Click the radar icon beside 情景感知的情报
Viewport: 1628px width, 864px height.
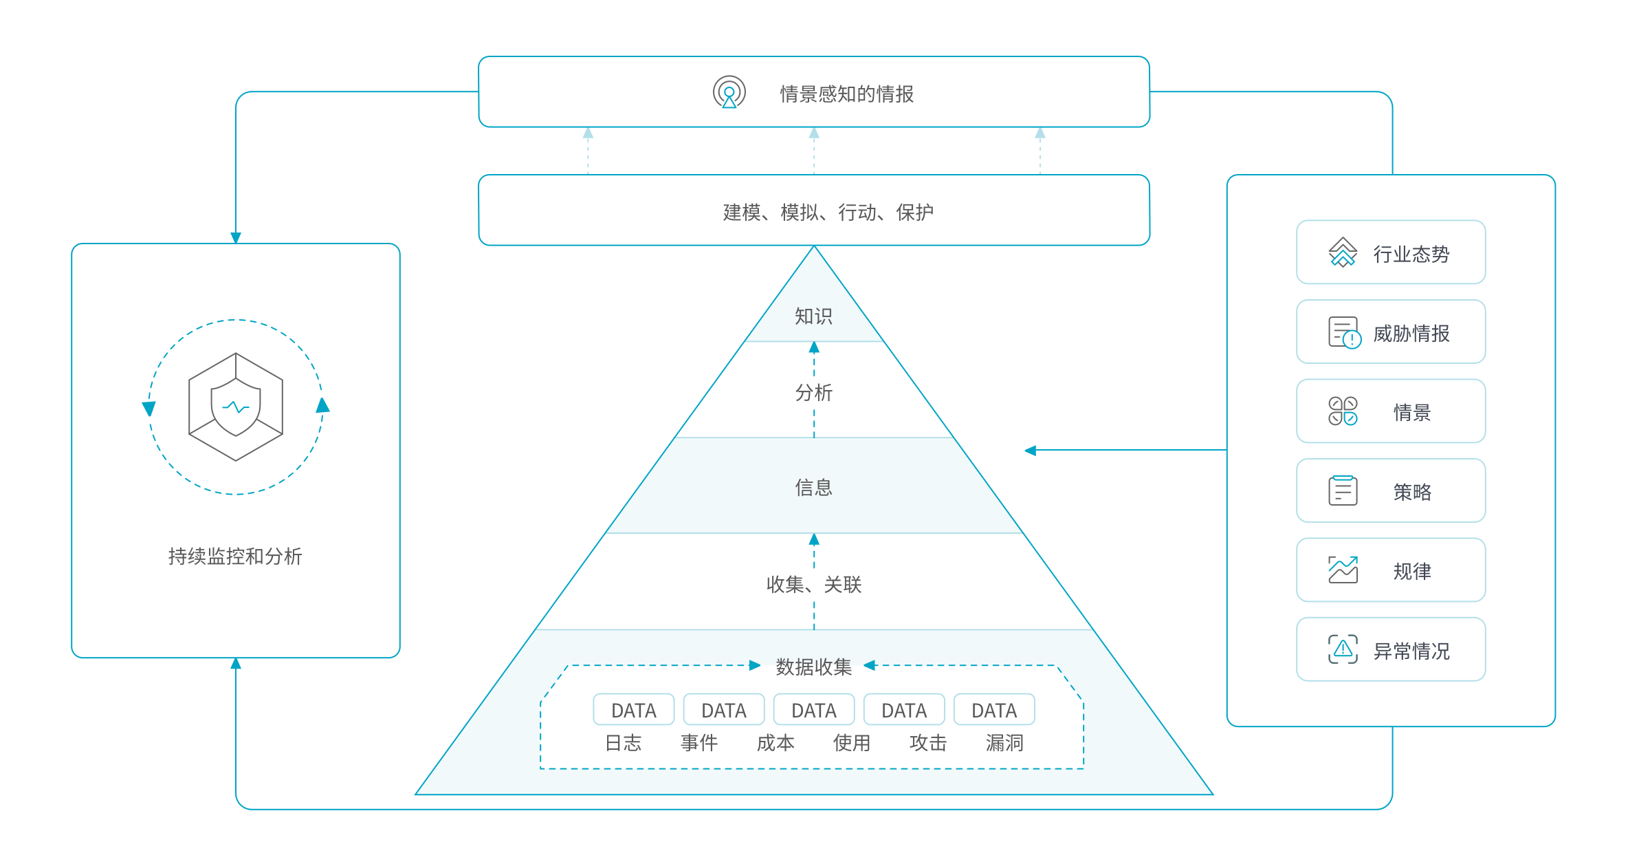(729, 92)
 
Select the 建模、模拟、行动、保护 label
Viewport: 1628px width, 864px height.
(828, 212)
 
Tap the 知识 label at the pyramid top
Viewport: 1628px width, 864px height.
(813, 316)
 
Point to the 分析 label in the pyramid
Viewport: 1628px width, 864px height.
(813, 393)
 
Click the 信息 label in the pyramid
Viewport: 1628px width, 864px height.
(813, 488)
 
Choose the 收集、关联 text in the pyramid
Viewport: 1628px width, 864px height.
(813, 585)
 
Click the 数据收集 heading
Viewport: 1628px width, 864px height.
(813, 667)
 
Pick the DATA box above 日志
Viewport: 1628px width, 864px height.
(633, 710)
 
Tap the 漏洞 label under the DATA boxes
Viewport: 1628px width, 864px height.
(1004, 743)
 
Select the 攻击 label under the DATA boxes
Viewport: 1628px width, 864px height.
(927, 743)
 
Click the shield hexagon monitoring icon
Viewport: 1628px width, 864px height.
(236, 407)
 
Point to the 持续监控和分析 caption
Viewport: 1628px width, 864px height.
(235, 556)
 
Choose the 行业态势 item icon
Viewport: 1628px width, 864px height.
(1342, 252)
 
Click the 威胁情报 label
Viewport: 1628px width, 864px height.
(1411, 334)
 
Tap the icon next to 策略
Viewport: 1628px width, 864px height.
(1342, 490)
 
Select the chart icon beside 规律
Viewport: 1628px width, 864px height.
(1342, 570)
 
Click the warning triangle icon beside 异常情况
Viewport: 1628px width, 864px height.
(1342, 649)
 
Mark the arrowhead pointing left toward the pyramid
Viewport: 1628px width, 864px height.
(1030, 451)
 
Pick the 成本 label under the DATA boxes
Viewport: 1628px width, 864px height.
(775, 743)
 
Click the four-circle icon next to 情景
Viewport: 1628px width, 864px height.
(1342, 411)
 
